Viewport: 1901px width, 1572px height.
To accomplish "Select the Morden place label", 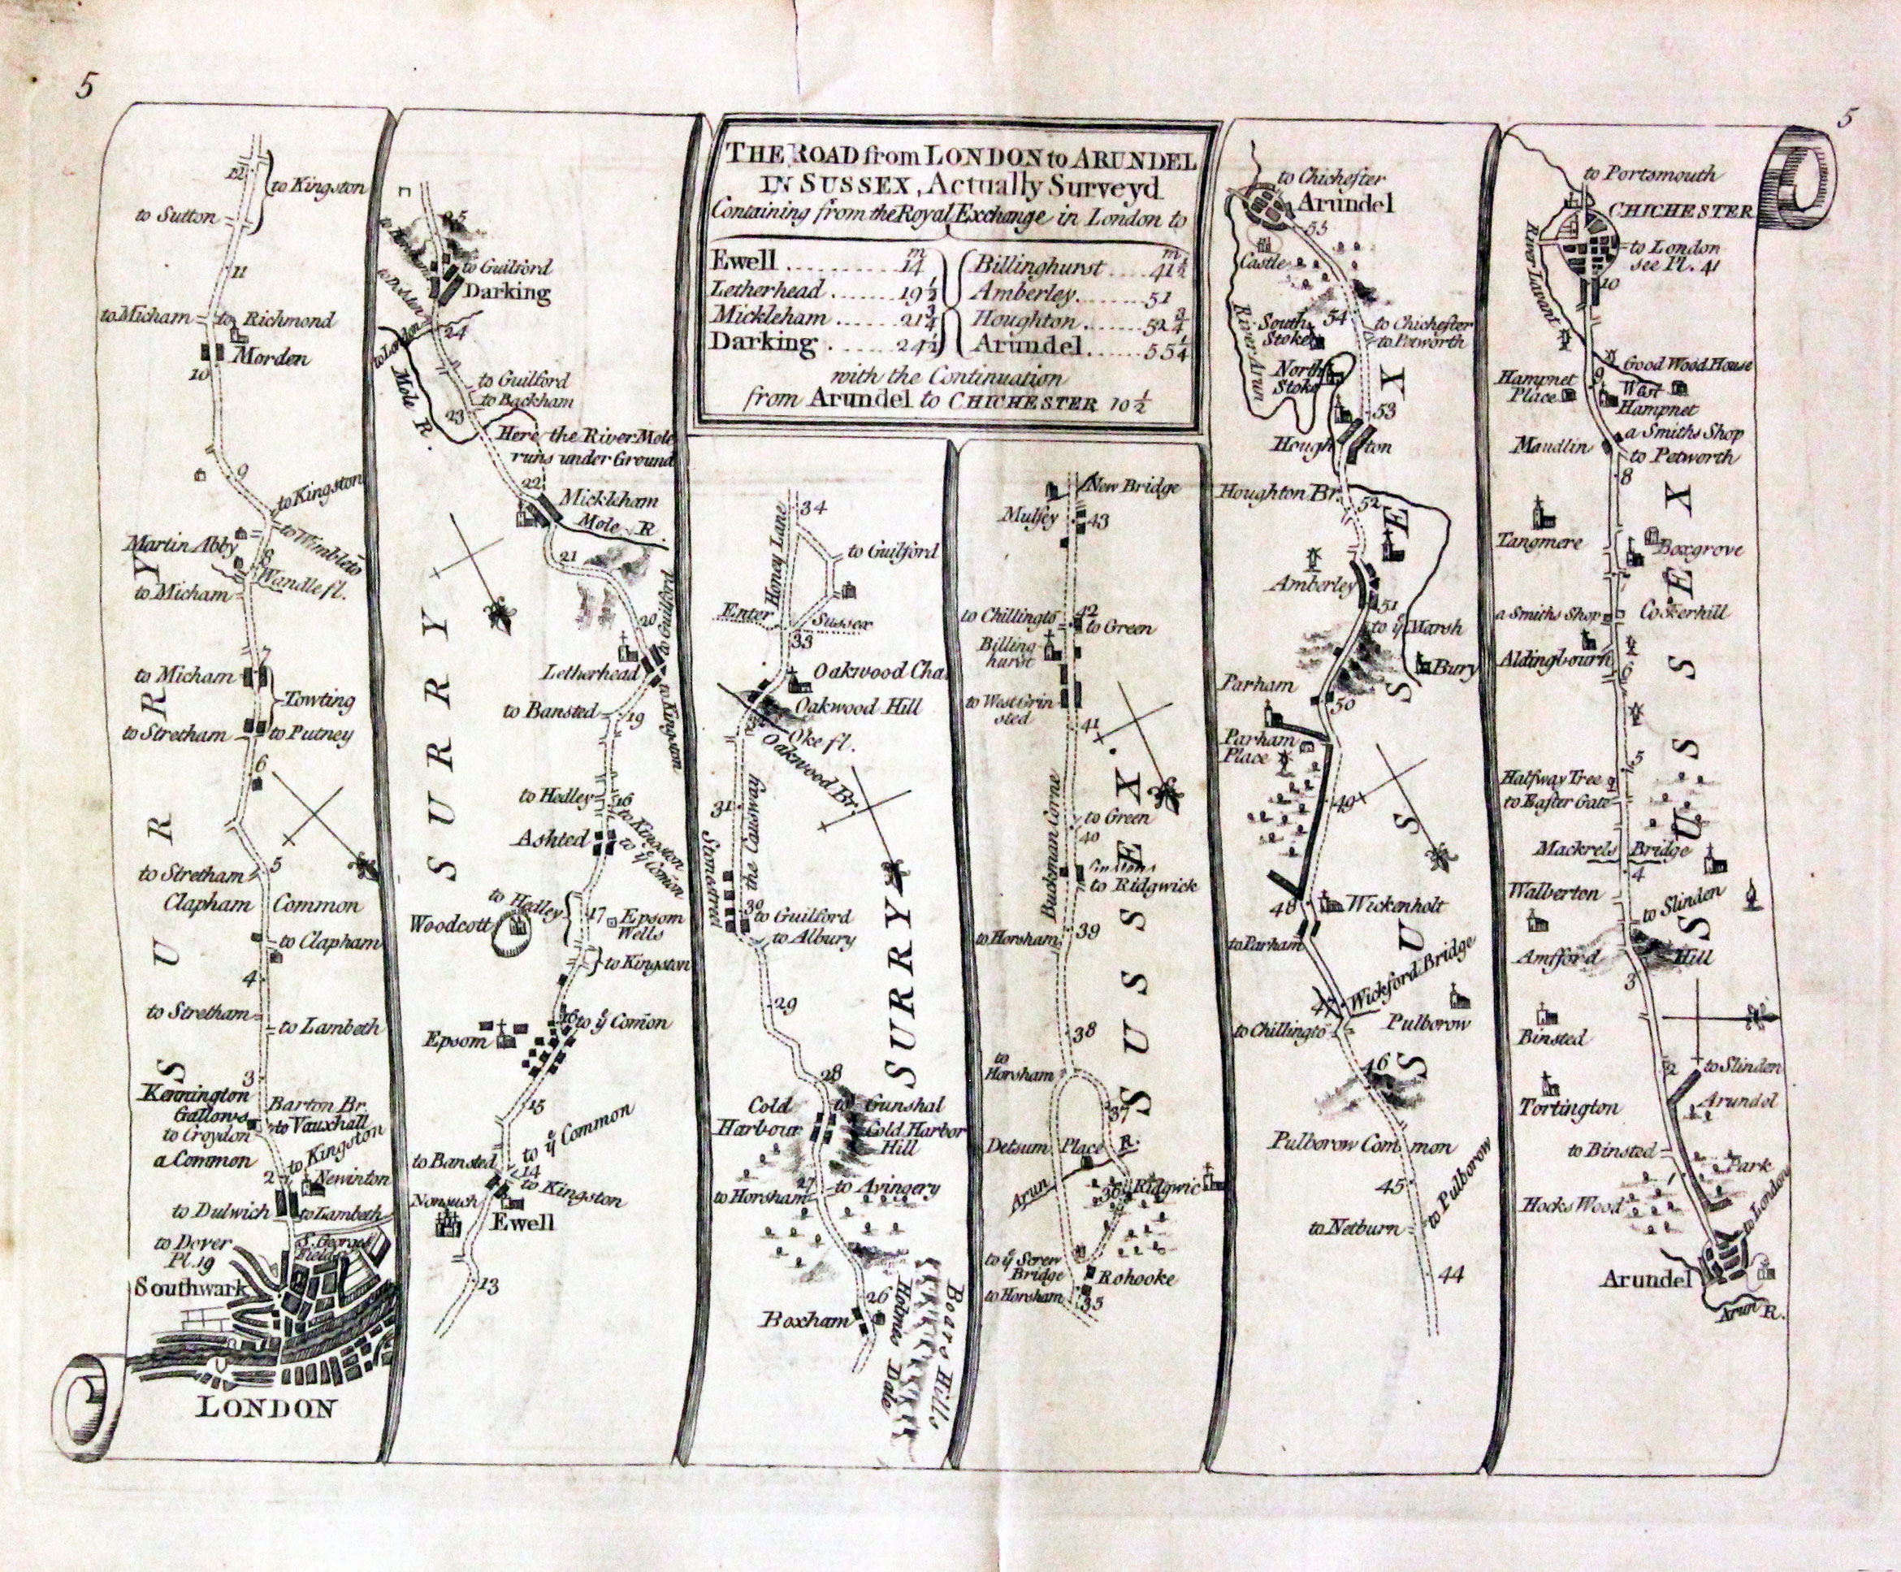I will pos(271,357).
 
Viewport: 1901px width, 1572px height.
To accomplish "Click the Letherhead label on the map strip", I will pos(579,674).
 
